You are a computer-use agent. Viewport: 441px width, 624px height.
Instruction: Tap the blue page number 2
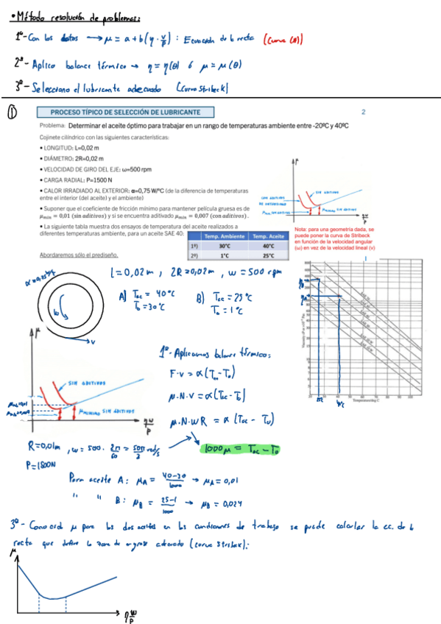tap(363, 112)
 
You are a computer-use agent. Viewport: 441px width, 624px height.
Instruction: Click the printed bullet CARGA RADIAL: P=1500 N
tap(80, 179)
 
